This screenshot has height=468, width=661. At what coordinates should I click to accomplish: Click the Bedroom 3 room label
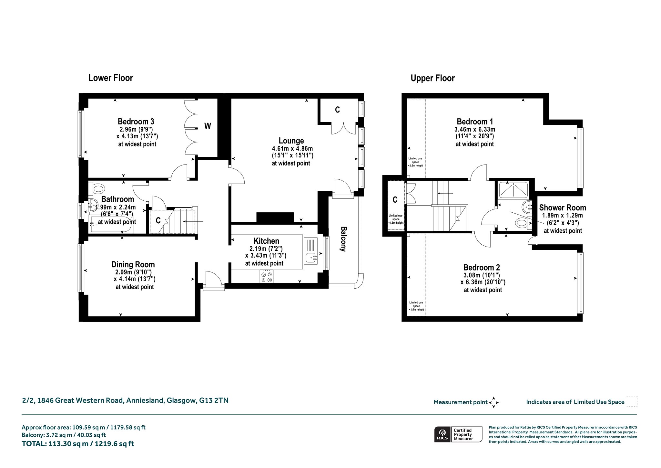coord(136,122)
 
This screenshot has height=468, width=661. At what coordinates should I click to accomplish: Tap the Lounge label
coord(291,141)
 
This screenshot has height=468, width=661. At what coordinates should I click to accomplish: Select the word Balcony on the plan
coord(343,239)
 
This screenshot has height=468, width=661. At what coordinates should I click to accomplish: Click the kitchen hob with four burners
coord(266,276)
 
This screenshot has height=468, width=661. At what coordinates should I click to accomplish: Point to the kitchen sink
coord(310,250)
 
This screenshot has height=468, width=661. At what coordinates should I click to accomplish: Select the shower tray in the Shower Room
coord(514,190)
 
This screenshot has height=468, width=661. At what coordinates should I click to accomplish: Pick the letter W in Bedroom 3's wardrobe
coord(208,126)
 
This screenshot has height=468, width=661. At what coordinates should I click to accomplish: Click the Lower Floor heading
coord(111,78)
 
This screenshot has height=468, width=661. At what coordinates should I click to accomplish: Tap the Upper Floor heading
coord(432,78)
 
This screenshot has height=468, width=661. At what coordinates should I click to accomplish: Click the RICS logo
coord(442,434)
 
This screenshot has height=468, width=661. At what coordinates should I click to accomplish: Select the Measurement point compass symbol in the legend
coord(493,402)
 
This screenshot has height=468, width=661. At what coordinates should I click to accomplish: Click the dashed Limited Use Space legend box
coord(632,401)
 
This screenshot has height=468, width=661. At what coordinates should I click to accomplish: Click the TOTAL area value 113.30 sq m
coord(68,443)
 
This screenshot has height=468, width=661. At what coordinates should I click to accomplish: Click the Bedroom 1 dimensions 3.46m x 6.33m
coord(475,129)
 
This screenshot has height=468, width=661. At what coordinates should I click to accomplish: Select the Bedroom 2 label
coord(482,267)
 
